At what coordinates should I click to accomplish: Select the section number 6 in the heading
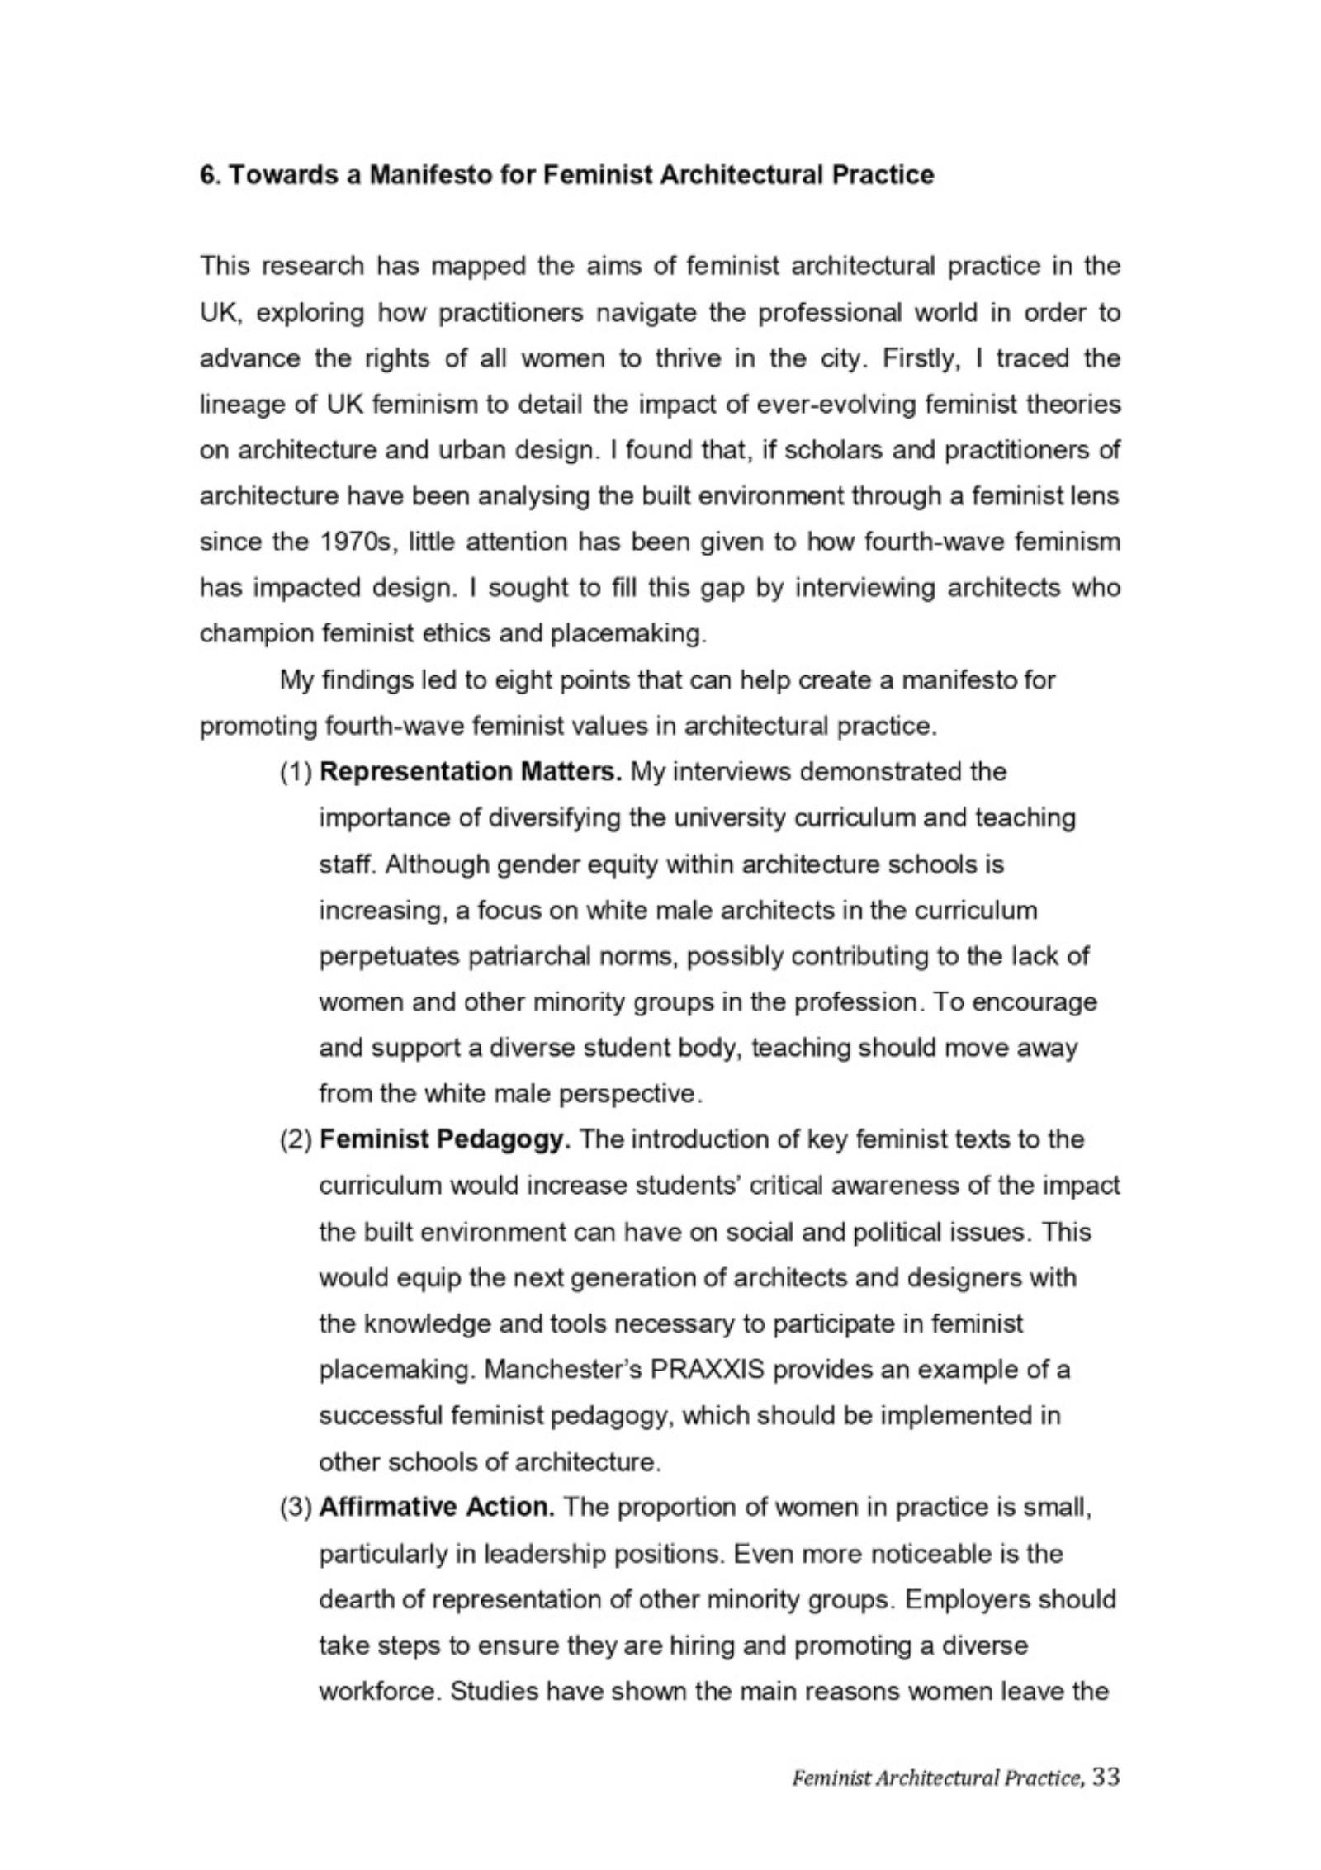tap(206, 176)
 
